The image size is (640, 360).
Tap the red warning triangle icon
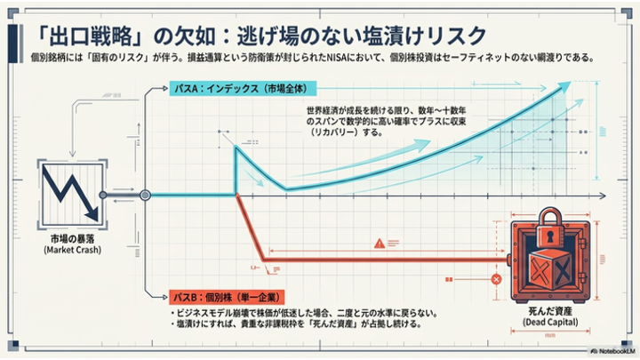click(x=380, y=242)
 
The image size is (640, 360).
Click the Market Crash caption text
click(x=73, y=251)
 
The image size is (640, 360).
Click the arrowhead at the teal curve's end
click(x=564, y=84)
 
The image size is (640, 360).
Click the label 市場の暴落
click(x=73, y=238)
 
